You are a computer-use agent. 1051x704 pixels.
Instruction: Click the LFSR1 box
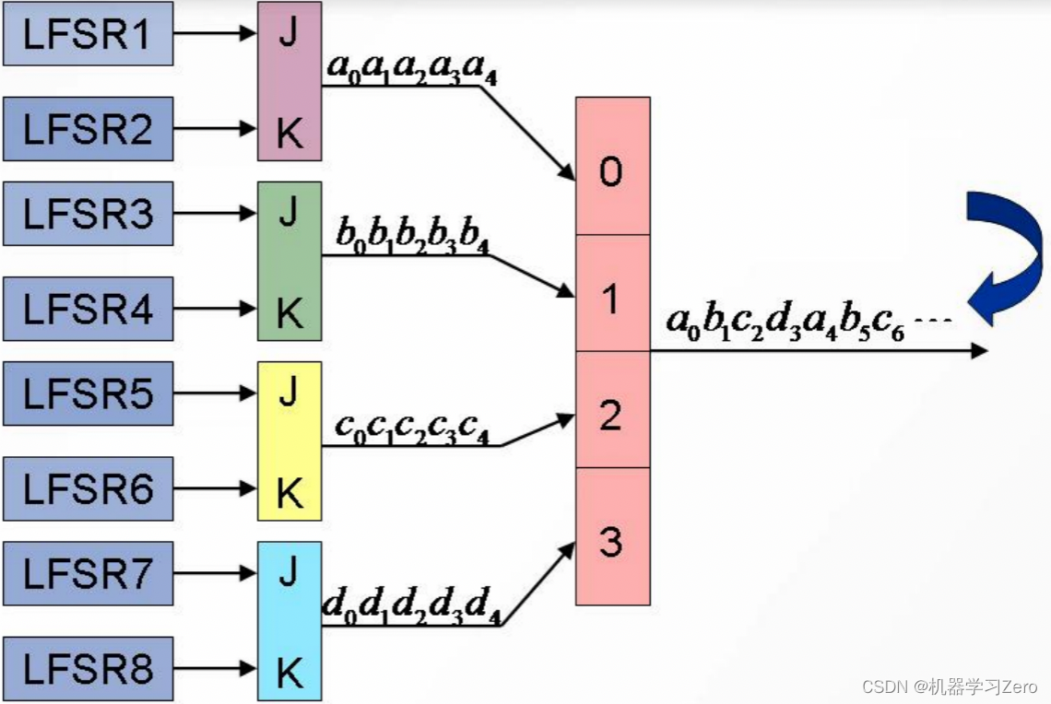pos(88,33)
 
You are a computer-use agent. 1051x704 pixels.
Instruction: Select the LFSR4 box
pos(88,309)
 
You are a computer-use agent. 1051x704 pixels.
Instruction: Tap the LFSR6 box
pos(88,488)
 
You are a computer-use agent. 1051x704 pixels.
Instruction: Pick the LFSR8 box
pos(88,669)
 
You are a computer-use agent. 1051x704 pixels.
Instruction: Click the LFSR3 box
pos(88,214)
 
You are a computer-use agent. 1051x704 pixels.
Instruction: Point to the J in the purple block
pos(289,37)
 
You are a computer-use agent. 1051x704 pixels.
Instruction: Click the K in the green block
pos(289,314)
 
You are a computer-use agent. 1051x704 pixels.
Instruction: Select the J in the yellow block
pos(289,394)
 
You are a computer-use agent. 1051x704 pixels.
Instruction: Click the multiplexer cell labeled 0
pos(612,171)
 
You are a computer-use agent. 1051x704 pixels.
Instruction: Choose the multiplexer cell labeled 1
pos(612,298)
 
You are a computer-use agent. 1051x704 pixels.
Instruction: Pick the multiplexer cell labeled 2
pos(612,416)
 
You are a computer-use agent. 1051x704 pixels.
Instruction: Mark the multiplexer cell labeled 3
pos(612,542)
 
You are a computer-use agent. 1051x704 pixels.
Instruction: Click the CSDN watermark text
pos(950,686)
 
